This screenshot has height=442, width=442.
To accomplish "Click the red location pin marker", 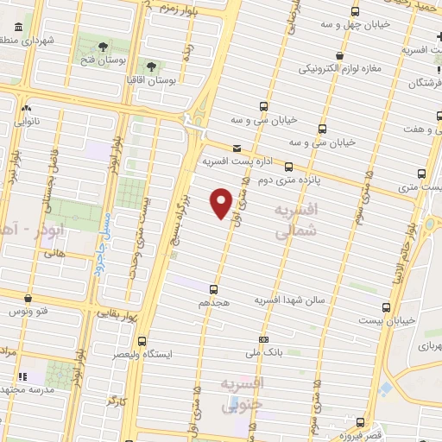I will pos(222,201).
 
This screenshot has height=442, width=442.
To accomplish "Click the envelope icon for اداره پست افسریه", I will pos(237,148).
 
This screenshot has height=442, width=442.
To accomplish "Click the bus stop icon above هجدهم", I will pos(213,289).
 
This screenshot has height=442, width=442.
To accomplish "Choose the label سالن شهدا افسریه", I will pos(287,300).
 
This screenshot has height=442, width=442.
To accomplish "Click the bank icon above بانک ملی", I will pos(263,339).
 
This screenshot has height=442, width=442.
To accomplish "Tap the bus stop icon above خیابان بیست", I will pos(386,306).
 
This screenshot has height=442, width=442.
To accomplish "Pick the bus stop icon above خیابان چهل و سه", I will pos(355,12).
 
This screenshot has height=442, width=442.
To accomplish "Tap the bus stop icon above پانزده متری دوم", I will pos(288,167).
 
